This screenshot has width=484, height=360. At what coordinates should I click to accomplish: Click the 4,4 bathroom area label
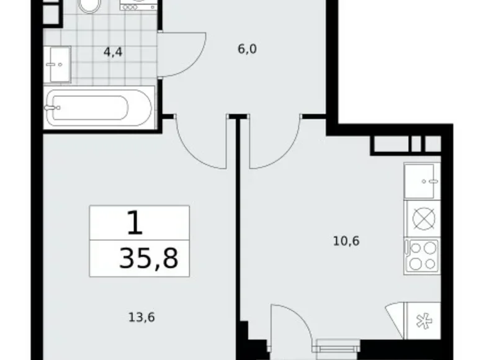pyautogui.click(x=113, y=52)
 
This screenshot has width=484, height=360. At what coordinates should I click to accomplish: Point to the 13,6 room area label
pyautogui.click(x=142, y=317)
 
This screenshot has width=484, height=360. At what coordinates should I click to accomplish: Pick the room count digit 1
pyautogui.click(x=134, y=223)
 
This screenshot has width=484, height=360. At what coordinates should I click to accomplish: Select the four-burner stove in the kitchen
pyautogui.click(x=421, y=255)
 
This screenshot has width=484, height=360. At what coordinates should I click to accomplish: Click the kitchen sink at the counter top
pyautogui.click(x=422, y=181)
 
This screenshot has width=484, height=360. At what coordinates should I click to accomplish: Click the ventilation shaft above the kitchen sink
pyautogui.click(x=406, y=145)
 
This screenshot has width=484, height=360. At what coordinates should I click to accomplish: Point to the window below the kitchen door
pyautogui.click(x=338, y=348)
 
